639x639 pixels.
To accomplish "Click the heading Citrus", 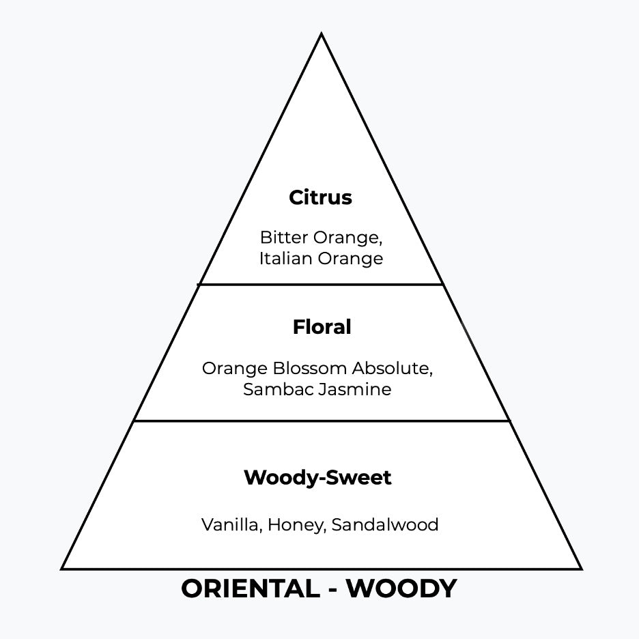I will (x=320, y=198).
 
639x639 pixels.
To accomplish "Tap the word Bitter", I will (x=283, y=238).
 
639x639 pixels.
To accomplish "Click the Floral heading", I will (x=322, y=328).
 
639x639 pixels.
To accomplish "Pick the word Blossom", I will (x=311, y=369).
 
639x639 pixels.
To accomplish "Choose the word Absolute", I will (x=392, y=369).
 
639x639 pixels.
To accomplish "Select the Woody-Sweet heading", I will (x=317, y=478).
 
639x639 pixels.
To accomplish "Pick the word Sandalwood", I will (x=385, y=525).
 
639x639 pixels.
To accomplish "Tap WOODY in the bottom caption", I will (x=401, y=588).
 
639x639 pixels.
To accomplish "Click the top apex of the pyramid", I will (x=321, y=34).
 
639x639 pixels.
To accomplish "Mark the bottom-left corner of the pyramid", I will (x=63, y=568).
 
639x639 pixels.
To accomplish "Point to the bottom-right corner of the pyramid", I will (x=580, y=568).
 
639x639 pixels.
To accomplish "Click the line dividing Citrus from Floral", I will (x=321, y=284).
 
